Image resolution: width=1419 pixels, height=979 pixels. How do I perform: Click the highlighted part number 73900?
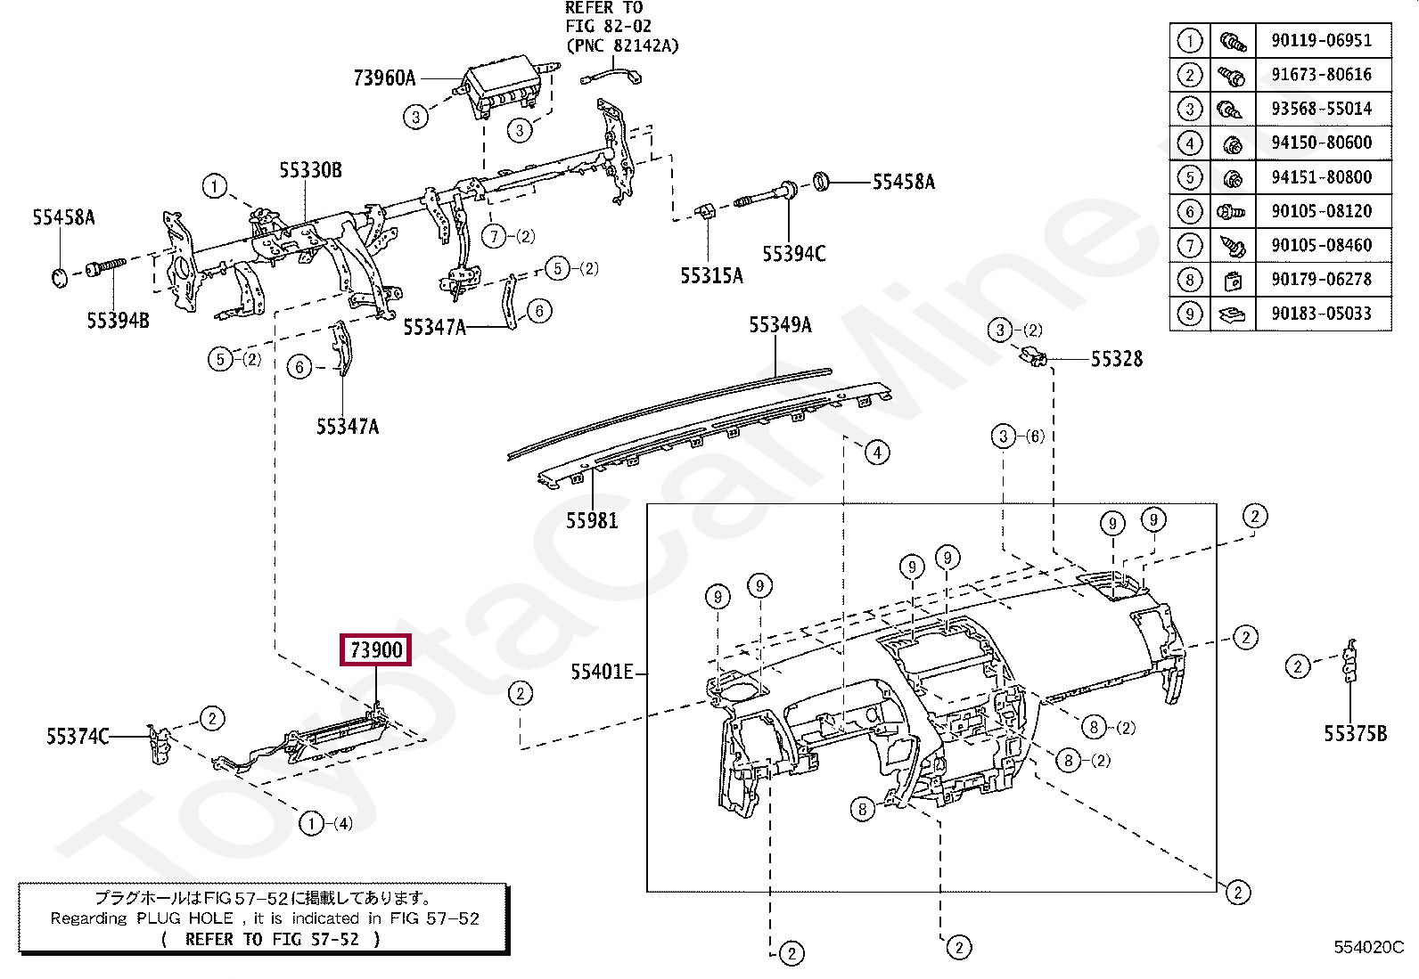376,649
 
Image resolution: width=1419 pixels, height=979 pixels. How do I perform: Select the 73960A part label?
384,78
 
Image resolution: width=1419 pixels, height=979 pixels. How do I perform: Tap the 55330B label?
310,170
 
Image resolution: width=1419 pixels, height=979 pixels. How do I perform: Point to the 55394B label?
118,321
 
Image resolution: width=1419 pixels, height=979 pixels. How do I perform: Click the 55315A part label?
711,276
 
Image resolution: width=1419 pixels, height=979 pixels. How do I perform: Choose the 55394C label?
793,254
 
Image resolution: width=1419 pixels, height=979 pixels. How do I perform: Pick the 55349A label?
780,325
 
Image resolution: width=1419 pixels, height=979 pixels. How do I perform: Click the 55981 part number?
592,520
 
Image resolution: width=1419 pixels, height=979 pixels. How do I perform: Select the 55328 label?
1116,359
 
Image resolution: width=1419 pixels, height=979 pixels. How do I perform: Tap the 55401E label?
602,672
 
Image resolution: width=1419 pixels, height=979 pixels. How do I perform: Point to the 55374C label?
78,737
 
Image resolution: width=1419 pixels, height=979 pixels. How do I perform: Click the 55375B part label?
1355,734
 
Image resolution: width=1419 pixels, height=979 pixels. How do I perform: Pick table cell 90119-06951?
1321,40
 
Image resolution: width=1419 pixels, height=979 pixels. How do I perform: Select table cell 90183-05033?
1321,314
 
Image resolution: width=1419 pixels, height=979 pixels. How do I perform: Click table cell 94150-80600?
1321,143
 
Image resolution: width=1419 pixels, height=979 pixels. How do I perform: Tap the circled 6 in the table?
1190,211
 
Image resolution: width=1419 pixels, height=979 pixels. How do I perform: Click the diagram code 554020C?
1368,947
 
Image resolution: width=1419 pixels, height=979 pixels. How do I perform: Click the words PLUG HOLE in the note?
185,918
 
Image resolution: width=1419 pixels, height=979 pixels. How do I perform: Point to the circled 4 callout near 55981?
877,453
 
